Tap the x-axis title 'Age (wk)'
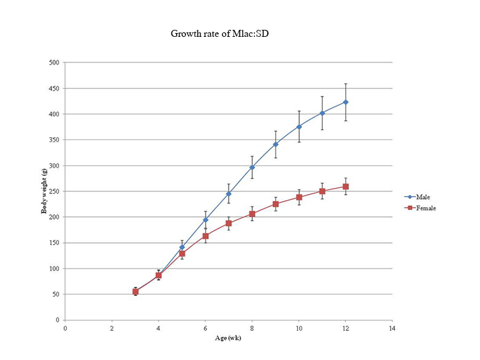click(228, 338)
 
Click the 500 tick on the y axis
click(54, 63)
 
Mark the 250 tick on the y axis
click(54, 191)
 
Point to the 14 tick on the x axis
click(392, 328)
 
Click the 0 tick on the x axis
click(65, 328)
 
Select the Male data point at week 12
click(345, 102)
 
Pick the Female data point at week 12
click(345, 187)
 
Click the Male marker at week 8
click(252, 167)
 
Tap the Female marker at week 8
click(252, 214)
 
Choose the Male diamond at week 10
click(299, 126)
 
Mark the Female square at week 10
click(299, 197)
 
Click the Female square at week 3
click(135, 291)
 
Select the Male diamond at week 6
click(205, 220)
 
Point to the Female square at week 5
click(182, 254)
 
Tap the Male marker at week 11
click(323, 113)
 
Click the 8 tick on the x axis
click(252, 328)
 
